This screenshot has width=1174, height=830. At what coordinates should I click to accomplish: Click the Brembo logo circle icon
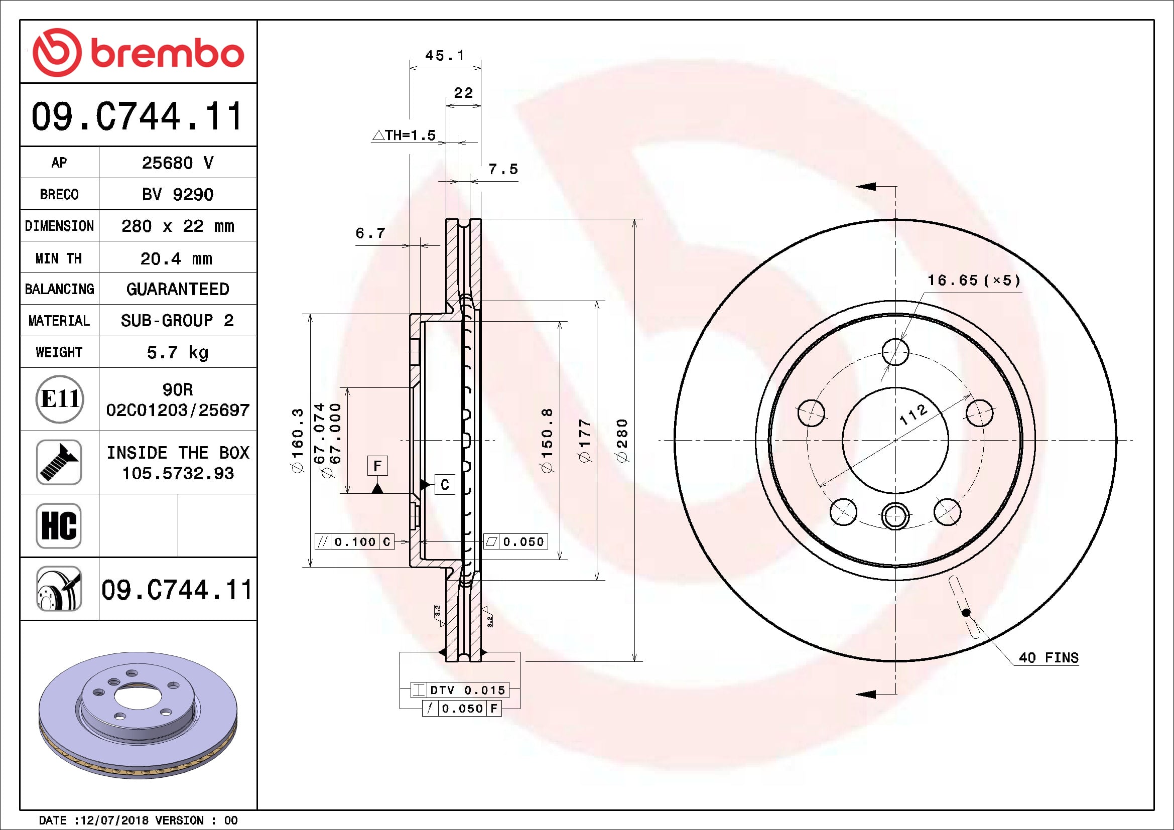point(57,53)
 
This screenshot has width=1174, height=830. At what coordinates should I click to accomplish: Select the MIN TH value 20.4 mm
point(176,258)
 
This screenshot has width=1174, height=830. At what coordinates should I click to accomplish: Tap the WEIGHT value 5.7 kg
point(177,353)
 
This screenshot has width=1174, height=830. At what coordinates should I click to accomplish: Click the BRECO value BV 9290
point(177,195)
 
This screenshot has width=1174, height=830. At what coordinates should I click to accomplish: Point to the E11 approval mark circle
point(59,399)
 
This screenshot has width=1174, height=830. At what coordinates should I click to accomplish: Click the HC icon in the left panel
point(59,525)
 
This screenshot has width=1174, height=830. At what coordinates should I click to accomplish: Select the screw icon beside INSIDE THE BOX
point(59,462)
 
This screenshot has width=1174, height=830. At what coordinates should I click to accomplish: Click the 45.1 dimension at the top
point(445,55)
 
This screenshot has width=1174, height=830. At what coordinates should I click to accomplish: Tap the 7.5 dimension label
point(503,169)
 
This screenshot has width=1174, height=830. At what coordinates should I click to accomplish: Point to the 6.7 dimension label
point(370,233)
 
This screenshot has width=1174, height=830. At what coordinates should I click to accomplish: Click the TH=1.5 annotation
point(405,135)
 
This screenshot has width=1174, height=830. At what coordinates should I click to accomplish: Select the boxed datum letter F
point(377,466)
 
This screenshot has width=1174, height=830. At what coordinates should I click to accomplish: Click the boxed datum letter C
point(444,485)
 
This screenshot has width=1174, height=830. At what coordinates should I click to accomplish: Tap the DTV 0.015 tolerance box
point(466,690)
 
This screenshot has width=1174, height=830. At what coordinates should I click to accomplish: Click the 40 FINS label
point(1048,658)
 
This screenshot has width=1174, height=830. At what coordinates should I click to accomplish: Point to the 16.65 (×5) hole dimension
point(974,280)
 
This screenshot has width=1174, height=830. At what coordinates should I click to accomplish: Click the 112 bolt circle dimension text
point(913,414)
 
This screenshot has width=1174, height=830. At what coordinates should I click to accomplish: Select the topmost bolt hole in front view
point(895,352)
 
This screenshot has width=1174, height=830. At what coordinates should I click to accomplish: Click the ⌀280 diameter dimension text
point(622,441)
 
